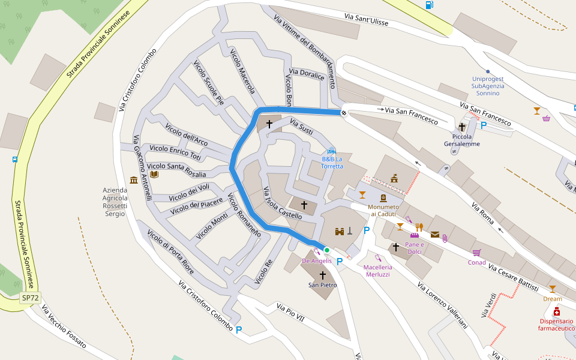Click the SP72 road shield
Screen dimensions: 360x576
point(30,298)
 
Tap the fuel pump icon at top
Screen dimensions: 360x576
point(429,5)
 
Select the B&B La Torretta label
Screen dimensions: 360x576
point(332,163)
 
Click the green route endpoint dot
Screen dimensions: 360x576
point(327,250)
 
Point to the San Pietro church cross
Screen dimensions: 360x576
point(323,275)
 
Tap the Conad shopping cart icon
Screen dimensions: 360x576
point(476,253)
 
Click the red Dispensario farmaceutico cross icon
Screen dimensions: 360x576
point(557,311)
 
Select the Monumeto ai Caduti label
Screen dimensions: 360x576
point(383,210)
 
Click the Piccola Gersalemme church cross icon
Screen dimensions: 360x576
point(462,127)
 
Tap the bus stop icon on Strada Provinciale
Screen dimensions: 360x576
point(14,160)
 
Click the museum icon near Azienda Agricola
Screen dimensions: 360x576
point(133,180)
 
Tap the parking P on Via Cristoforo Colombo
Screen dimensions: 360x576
point(239,329)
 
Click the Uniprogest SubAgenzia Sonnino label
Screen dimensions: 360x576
point(488,86)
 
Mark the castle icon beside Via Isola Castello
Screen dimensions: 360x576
point(338,230)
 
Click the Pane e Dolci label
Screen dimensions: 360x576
point(414,248)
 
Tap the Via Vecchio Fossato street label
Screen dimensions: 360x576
point(64,328)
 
